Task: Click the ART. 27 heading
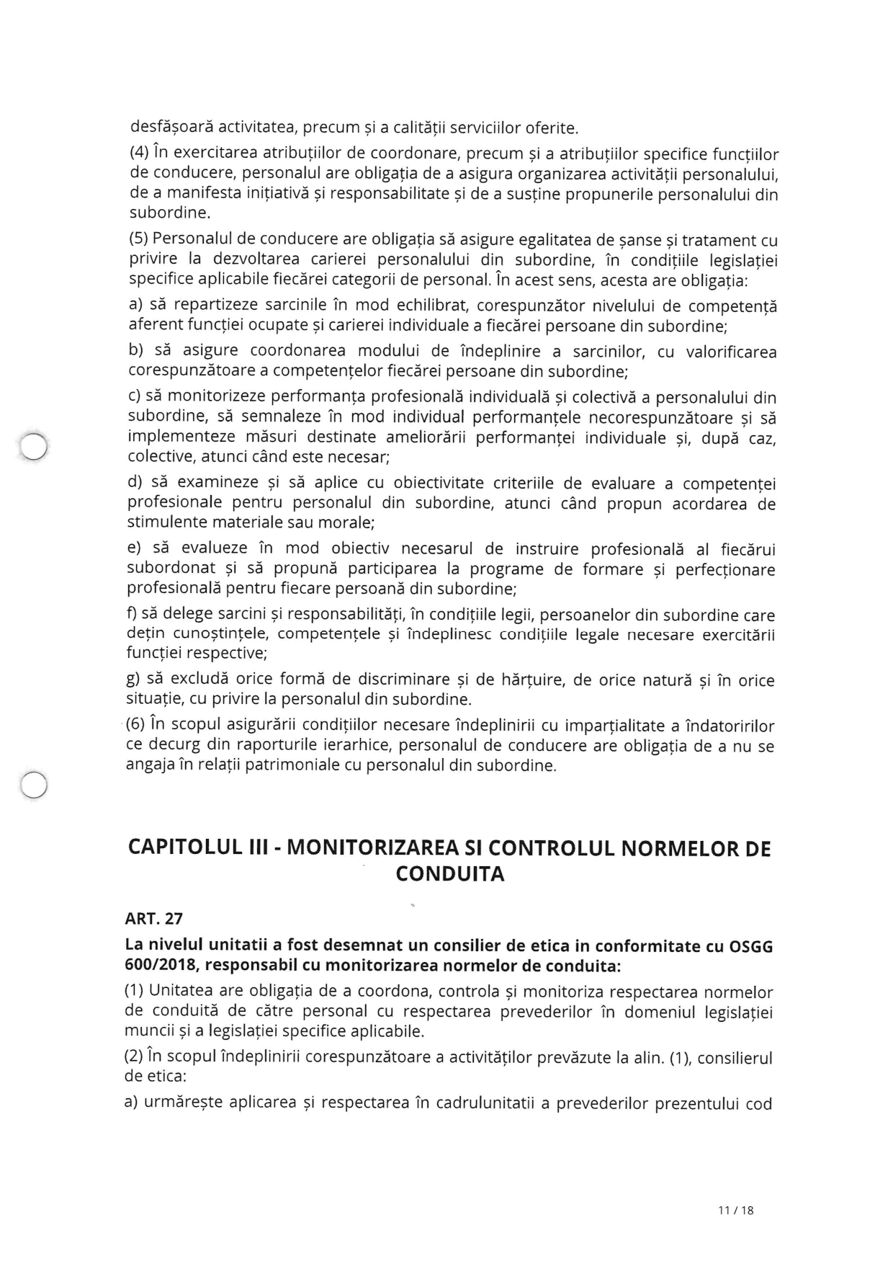tap(153, 919)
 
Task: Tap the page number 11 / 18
tap(735, 1211)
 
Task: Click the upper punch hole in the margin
tap(33, 446)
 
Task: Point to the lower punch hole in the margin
tap(33, 784)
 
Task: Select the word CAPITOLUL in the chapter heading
tap(184, 848)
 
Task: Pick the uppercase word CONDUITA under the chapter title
tap(450, 874)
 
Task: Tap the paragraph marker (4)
tap(139, 153)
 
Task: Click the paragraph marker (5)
tap(138, 239)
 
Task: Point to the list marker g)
tap(134, 680)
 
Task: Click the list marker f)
tap(133, 614)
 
